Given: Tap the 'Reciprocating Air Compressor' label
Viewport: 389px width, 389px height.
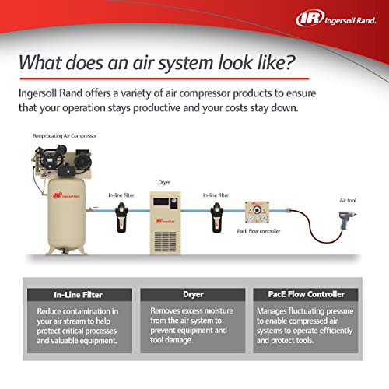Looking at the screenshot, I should [x=65, y=135].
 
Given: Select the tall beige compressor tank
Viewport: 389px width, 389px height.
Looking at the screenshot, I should [x=67, y=215].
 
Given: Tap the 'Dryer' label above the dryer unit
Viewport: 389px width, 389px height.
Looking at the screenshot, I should [x=163, y=184].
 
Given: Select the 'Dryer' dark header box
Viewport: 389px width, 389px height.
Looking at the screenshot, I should [x=194, y=294].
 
